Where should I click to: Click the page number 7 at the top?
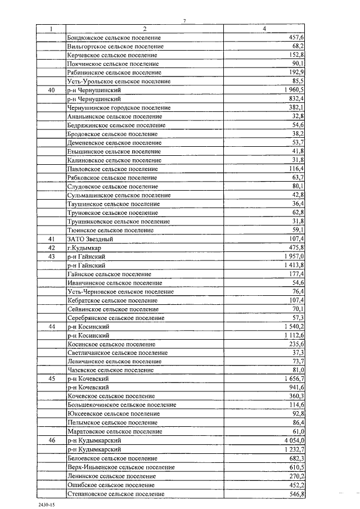184,21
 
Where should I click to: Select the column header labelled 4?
265,29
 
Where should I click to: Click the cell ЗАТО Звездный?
86,239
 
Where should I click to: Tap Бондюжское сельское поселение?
114,37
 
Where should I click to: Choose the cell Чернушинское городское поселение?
119,107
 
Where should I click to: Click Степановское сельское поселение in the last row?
115,494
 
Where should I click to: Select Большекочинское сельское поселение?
121,404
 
